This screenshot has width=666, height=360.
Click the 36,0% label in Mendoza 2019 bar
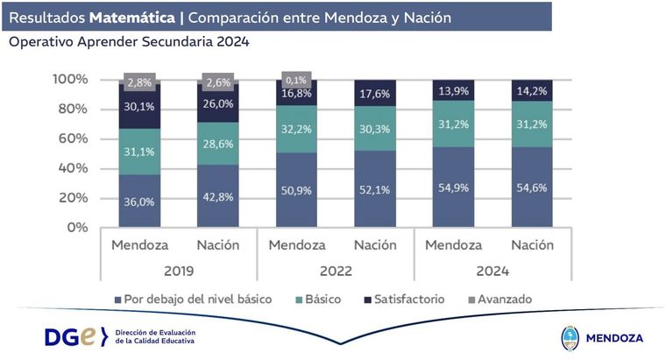141,201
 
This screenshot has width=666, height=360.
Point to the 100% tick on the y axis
70,79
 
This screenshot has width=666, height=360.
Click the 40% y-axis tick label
74,167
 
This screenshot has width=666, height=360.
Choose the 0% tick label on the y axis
77,227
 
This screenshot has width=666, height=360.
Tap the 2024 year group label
492,271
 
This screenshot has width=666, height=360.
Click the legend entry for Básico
316,299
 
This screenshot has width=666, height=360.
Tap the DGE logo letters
72,336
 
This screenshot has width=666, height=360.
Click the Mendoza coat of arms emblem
569,337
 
